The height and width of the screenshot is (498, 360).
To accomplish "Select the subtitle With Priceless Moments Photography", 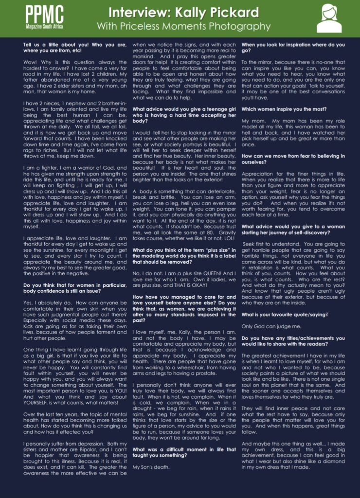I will coord(183,26).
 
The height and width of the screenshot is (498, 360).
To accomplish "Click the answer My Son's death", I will coord(153,467).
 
